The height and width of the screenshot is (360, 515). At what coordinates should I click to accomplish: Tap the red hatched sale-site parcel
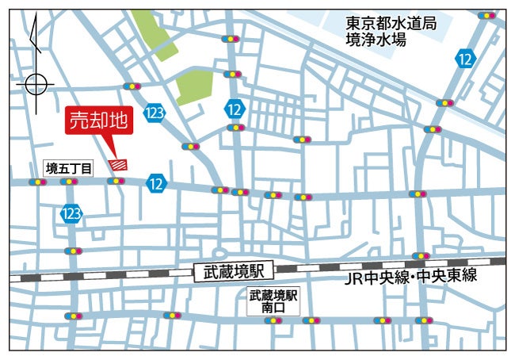(119, 164)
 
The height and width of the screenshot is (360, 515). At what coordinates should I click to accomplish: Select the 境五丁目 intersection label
(68, 167)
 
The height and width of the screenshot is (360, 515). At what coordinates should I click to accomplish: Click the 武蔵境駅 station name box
(233, 272)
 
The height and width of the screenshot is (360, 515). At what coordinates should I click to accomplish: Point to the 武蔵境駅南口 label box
(273, 302)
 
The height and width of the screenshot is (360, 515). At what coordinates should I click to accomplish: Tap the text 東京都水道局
(391, 24)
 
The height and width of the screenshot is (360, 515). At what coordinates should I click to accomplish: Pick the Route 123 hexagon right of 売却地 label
(154, 113)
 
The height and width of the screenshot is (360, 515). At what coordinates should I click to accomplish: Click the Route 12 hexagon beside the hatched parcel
(156, 183)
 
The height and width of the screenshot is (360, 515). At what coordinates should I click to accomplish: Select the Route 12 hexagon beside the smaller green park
(235, 108)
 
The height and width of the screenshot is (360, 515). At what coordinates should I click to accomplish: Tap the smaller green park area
(193, 86)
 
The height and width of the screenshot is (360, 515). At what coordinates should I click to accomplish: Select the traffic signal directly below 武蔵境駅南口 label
(273, 322)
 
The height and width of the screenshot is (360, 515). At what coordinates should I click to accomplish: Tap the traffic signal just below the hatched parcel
(116, 182)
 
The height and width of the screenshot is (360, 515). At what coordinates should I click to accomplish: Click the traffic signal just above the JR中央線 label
(421, 256)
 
